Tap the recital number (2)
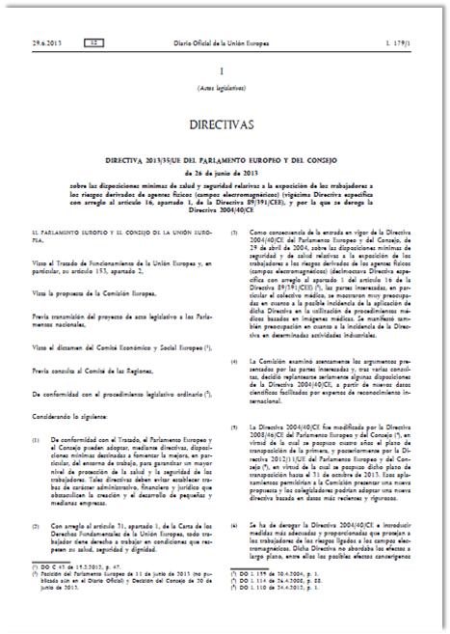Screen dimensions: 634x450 [x=36, y=524]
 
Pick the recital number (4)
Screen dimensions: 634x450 [x=237, y=360]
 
